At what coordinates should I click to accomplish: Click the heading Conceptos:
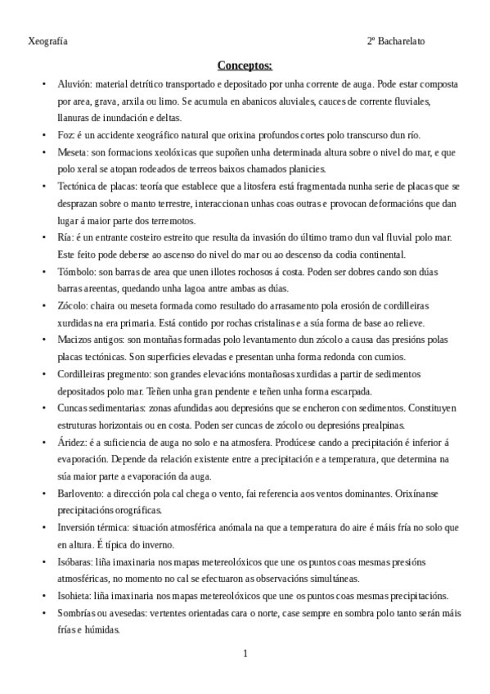(245, 65)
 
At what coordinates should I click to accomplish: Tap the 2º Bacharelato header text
(396, 40)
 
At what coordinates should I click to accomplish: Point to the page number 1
(245, 653)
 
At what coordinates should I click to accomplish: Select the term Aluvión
(74, 84)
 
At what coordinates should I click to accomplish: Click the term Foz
(66, 135)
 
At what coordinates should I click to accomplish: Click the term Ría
(65, 237)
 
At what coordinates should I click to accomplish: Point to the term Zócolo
(74, 305)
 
